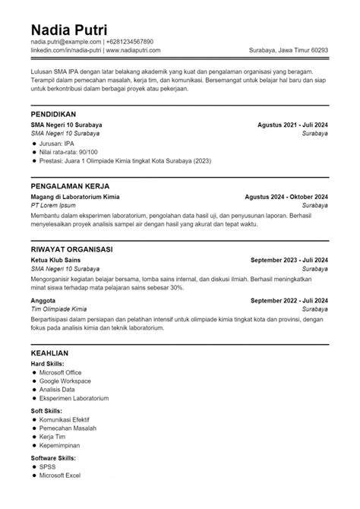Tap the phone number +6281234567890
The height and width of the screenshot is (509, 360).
(130, 41)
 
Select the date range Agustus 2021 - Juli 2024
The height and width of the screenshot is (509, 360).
(293, 124)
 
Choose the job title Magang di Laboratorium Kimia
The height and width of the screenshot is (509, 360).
(75, 196)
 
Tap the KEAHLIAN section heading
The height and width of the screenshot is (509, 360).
(50, 353)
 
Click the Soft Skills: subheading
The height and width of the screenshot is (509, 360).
(46, 410)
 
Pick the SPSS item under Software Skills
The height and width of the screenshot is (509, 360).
(49, 466)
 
